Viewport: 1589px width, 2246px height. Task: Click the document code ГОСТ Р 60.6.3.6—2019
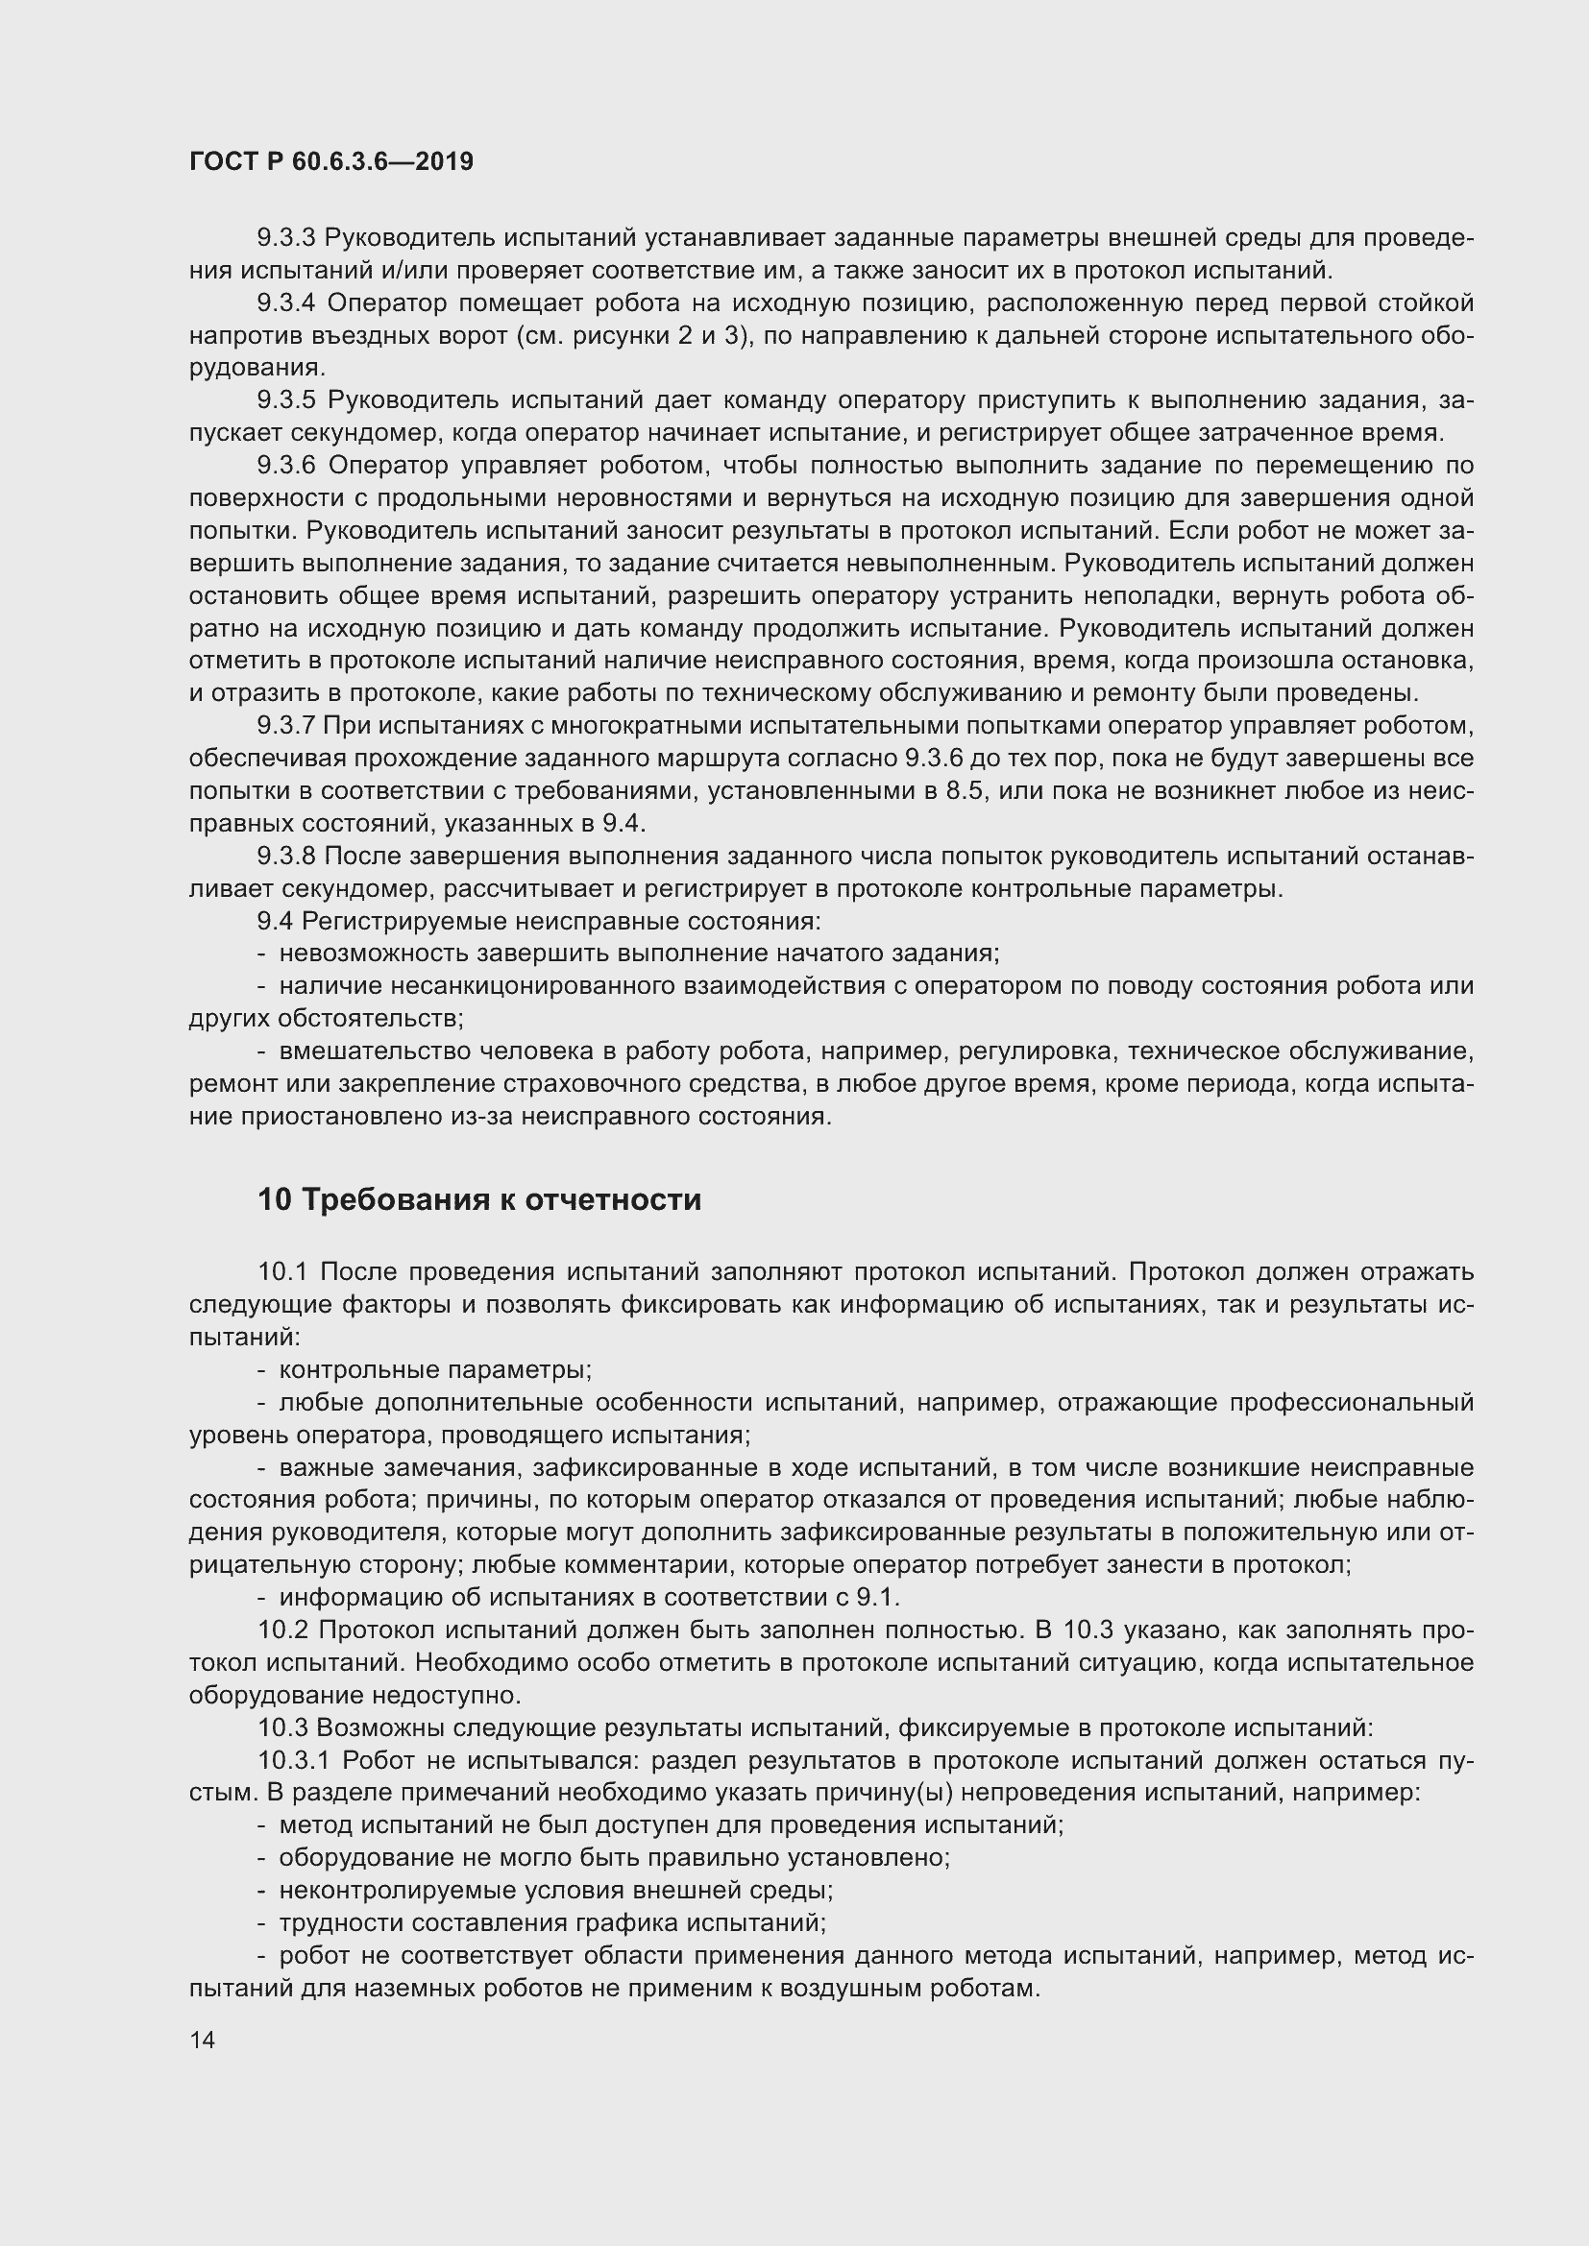pos(330,161)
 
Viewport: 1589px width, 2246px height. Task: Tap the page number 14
pos(202,2040)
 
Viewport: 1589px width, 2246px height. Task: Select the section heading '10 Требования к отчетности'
pos(479,1199)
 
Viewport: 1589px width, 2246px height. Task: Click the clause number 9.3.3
pos(285,238)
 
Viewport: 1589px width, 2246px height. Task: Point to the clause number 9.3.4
pos(285,303)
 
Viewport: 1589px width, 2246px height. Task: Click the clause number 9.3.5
pos(285,400)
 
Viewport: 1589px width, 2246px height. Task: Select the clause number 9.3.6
pos(285,465)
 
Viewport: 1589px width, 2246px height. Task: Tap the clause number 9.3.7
pos(285,726)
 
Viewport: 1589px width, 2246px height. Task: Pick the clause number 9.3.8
pos(285,856)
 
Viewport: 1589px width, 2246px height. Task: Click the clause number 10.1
pos(281,1271)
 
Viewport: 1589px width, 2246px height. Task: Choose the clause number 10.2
pos(283,1630)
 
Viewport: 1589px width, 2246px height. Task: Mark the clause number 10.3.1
pos(294,1760)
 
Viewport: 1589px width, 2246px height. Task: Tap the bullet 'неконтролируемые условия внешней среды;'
pos(555,1890)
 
